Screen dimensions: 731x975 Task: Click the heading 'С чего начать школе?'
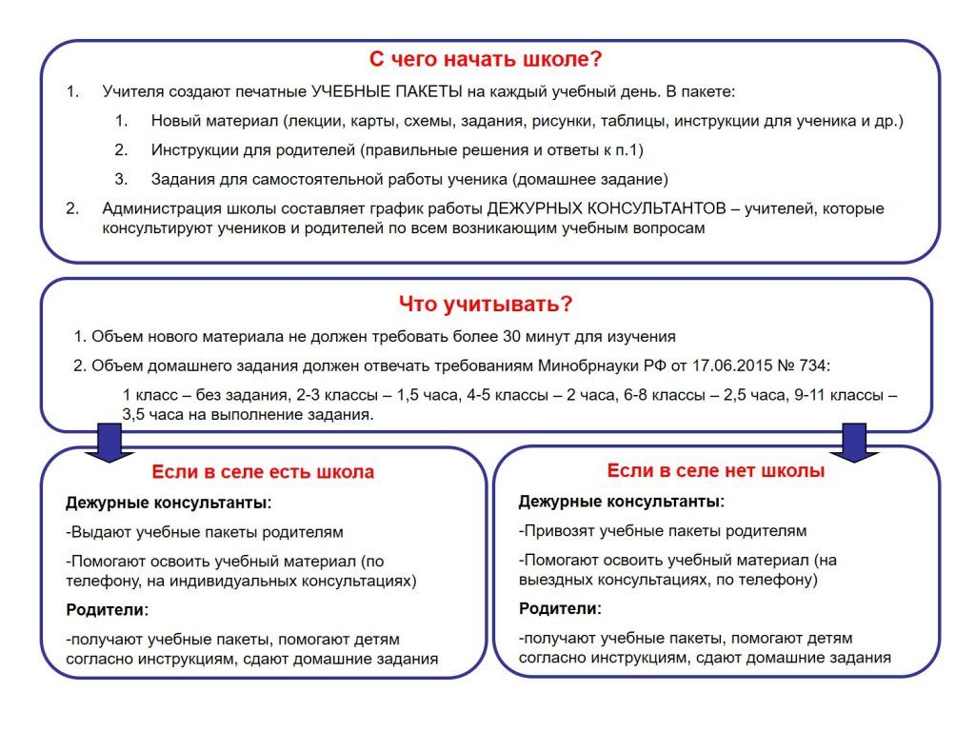[486, 59]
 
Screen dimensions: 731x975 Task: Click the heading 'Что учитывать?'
[486, 305]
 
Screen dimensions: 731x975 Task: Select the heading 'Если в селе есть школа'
[263, 472]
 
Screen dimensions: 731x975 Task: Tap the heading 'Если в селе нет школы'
[716, 470]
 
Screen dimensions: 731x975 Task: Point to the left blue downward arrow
[109, 442]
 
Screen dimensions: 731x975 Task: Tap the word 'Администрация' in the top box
[157, 208]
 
